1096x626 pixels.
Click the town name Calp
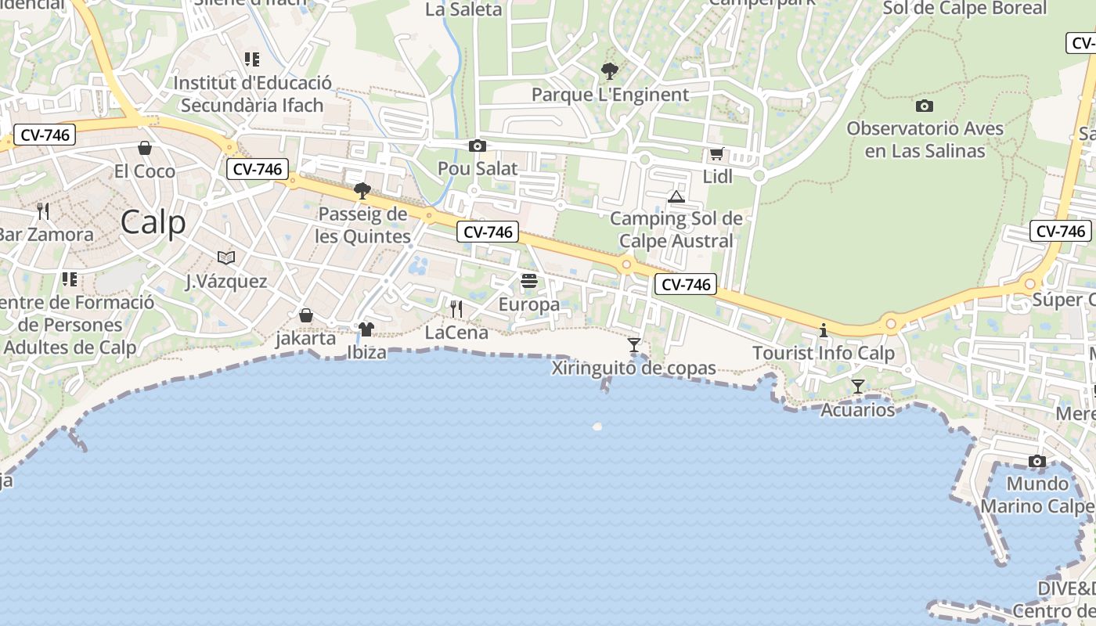pos(153,222)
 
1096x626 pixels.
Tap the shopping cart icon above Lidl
pos(716,154)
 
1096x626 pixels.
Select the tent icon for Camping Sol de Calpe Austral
pos(676,196)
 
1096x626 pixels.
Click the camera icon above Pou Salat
pos(477,146)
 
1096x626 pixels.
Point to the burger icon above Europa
pos(529,281)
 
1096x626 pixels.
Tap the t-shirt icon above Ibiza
pos(366,329)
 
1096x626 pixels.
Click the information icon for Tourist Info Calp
pos(823,330)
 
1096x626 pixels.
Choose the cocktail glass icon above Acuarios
pos(858,386)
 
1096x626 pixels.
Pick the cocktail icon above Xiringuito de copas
pos(634,344)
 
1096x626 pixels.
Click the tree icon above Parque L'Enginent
pos(609,72)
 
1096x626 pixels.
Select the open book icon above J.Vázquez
pos(226,257)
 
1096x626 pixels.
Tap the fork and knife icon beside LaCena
pos(456,309)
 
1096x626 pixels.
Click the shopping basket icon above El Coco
pos(145,148)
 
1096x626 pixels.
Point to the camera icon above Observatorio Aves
pos(925,106)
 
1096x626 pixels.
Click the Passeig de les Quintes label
pos(363,225)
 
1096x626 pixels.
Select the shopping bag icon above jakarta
pos(306,315)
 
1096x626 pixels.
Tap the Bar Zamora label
pos(45,234)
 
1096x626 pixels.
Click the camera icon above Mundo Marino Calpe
pos(1037,461)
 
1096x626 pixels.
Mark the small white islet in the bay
pos(597,426)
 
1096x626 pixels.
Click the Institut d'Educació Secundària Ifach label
pos(252,94)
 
